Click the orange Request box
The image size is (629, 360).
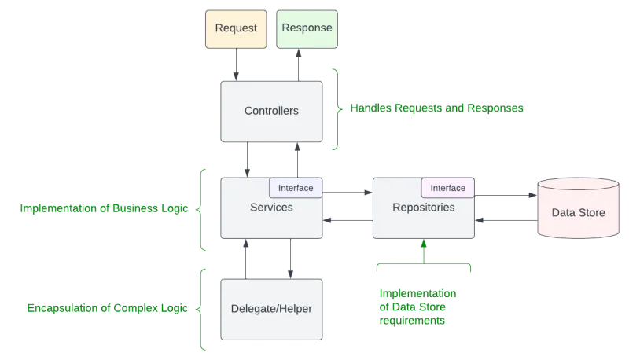[x=237, y=29]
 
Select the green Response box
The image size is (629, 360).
[x=307, y=29]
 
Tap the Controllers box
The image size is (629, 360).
[x=271, y=111]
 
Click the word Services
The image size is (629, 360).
[x=271, y=208]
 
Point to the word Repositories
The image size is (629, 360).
[x=423, y=208]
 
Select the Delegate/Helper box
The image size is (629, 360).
[x=271, y=309]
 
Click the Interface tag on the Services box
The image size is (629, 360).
[x=296, y=188]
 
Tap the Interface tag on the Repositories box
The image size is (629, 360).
[x=447, y=188]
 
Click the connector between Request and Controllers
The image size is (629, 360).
[x=237, y=64]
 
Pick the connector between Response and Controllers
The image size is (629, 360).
[x=299, y=64]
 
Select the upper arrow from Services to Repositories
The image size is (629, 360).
[x=347, y=191]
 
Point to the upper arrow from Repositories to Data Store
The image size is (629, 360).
[x=506, y=193]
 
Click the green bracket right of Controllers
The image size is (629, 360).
[x=337, y=108]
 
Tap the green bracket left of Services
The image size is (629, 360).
[x=204, y=208]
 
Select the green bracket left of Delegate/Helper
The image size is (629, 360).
[x=204, y=307]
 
